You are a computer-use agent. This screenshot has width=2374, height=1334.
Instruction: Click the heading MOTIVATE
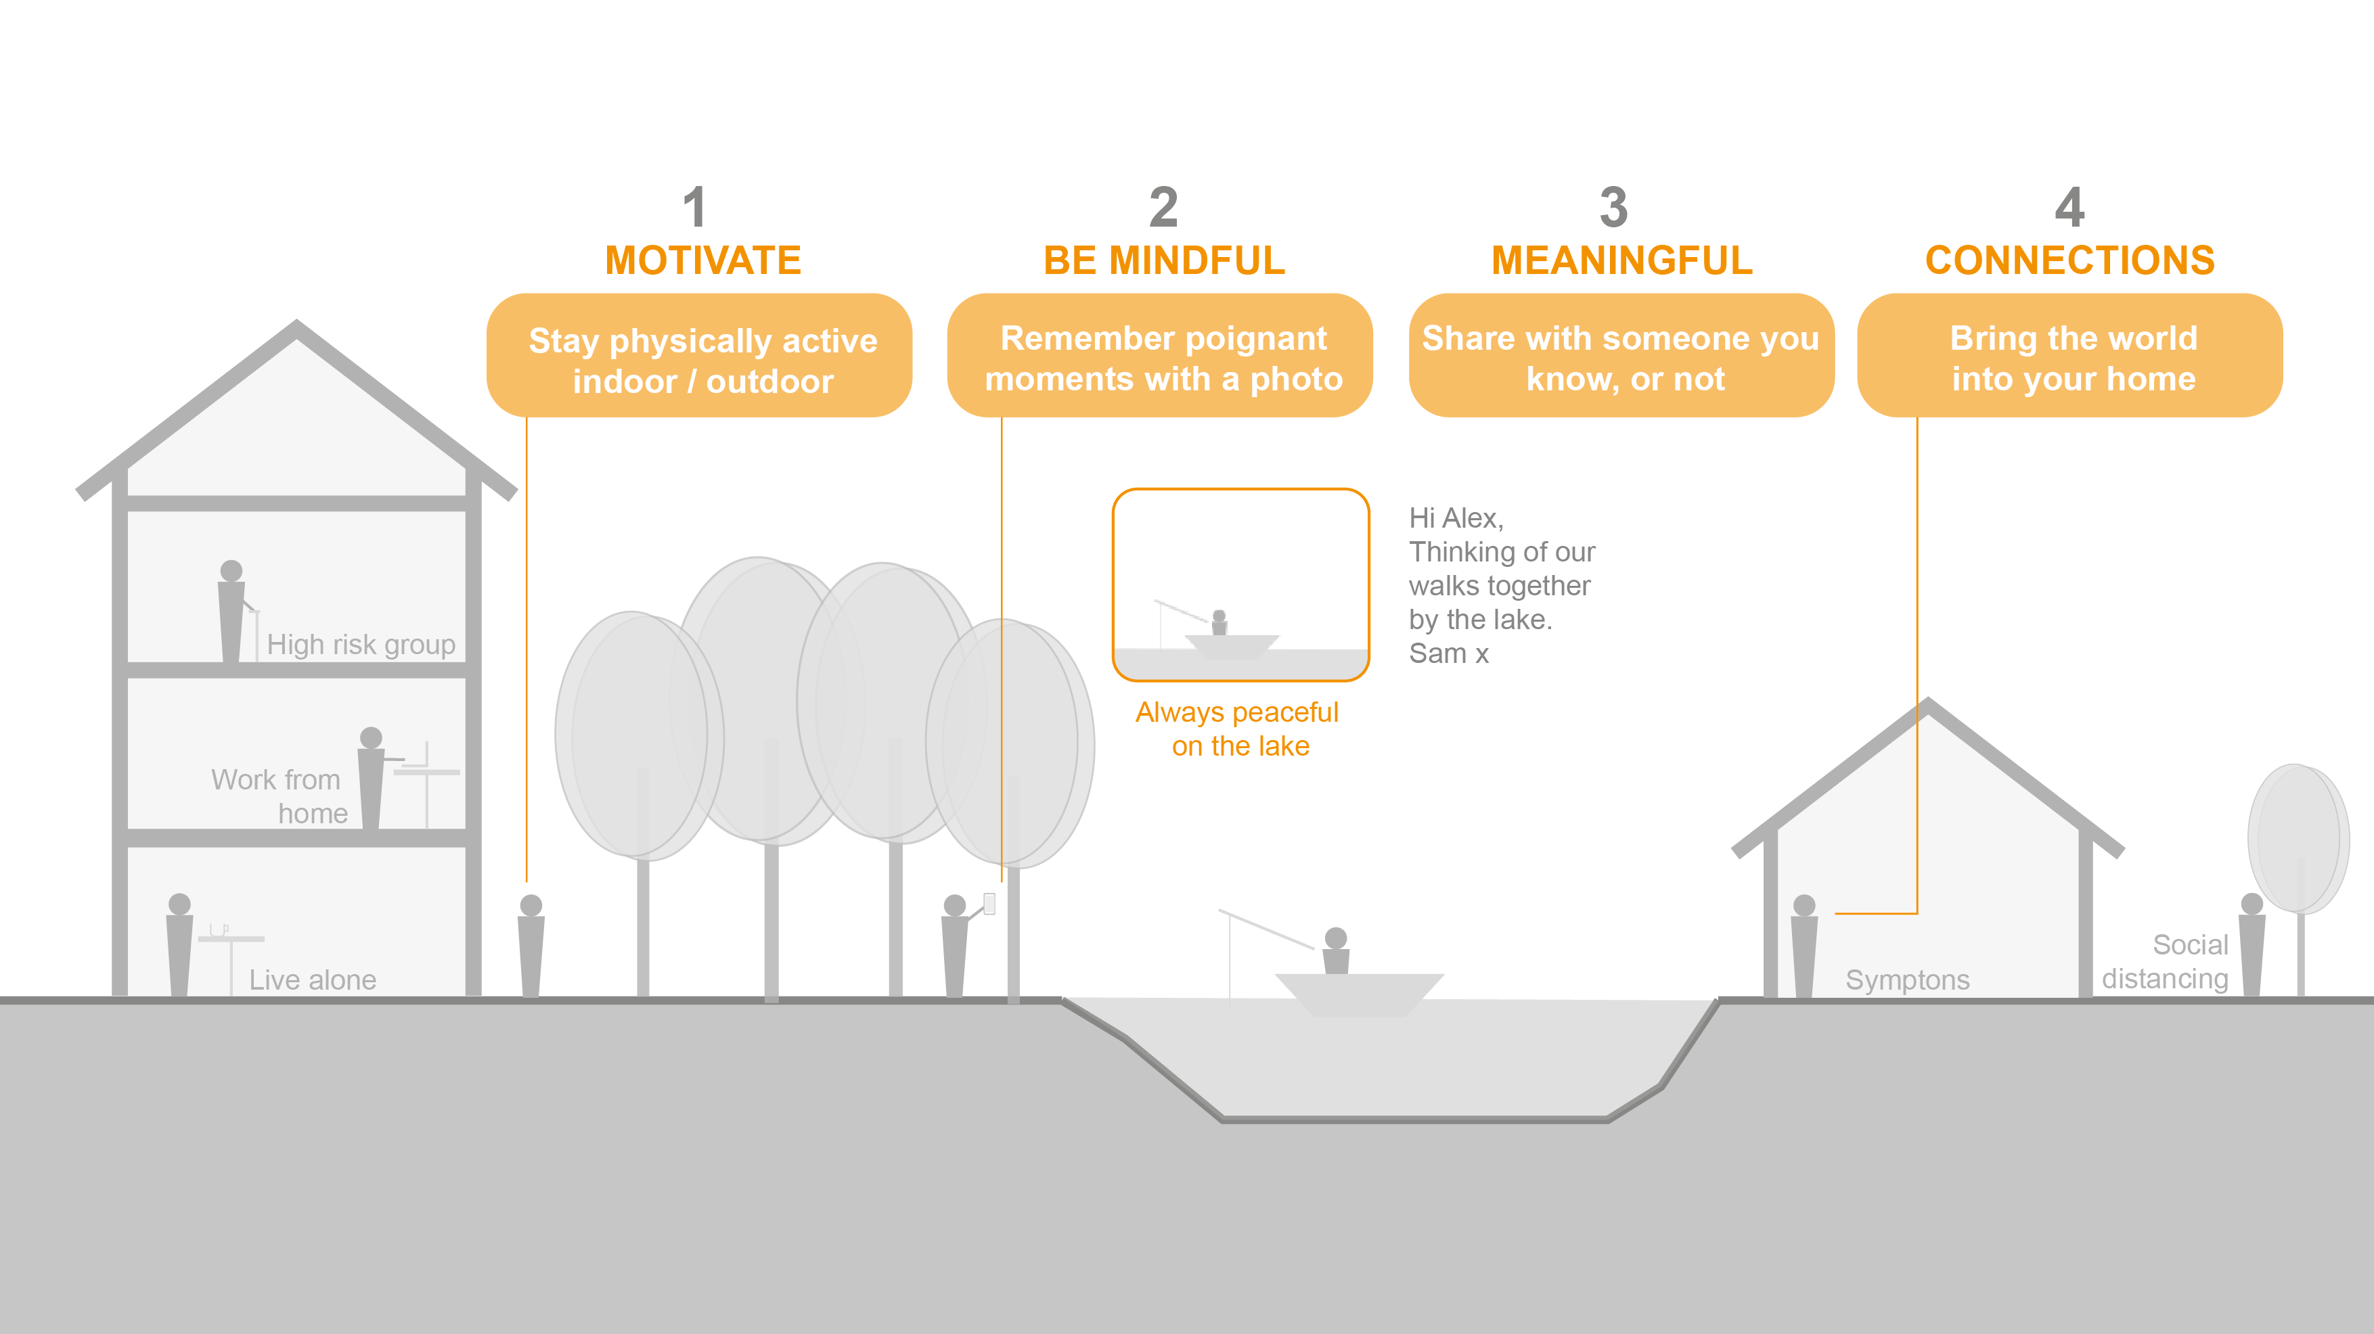(x=702, y=260)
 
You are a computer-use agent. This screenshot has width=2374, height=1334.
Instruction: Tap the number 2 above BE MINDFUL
(x=1163, y=207)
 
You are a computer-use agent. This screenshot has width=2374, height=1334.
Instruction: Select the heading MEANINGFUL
(x=1622, y=260)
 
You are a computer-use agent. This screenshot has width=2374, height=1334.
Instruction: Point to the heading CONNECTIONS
(x=2070, y=260)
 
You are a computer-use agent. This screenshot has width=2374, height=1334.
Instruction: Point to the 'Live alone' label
(x=313, y=980)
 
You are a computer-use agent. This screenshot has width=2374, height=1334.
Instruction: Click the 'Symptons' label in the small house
(x=1907, y=980)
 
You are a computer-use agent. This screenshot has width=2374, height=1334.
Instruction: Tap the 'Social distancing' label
(x=2165, y=961)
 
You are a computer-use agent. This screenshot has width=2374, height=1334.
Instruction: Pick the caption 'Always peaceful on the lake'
(x=1238, y=728)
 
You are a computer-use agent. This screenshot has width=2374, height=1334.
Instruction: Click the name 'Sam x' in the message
(x=1449, y=653)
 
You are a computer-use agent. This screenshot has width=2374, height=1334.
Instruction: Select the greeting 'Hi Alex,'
(x=1456, y=517)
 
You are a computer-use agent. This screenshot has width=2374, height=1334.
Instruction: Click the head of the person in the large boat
(x=1335, y=938)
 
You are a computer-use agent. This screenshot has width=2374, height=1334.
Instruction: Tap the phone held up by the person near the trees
(x=989, y=903)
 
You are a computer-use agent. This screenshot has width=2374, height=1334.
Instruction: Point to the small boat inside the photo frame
(x=1231, y=645)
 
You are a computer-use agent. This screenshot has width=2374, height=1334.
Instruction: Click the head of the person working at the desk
(x=372, y=737)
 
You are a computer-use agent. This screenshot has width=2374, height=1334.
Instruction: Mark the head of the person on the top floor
(x=231, y=570)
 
